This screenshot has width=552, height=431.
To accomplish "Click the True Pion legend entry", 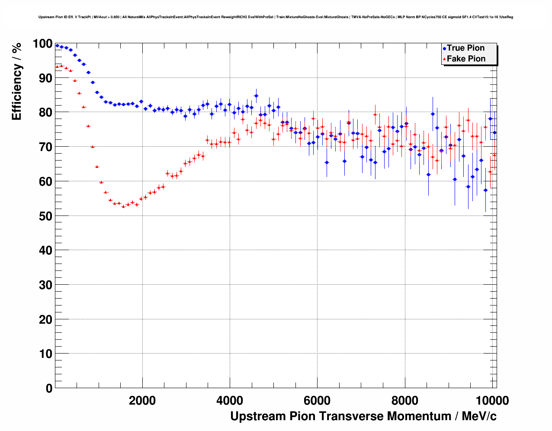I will point(465,48).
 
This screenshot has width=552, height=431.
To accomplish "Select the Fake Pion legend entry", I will point(466,59).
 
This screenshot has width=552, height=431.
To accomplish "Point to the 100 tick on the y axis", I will point(42,44).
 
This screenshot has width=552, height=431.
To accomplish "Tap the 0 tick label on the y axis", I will point(49,388).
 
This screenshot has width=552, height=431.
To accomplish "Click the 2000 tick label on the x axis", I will point(142,401).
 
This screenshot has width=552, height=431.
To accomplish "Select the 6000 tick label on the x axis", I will point(317,401).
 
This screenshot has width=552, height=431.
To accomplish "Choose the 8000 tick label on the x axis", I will point(405,401).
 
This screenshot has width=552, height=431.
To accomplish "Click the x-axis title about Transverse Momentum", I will point(363,416).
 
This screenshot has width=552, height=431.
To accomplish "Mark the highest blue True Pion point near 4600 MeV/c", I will point(256,96).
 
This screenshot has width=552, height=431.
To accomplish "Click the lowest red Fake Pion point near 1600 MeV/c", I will point(123,206).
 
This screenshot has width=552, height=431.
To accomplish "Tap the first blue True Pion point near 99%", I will point(57,45).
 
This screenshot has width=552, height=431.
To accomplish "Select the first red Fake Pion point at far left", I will point(57,67).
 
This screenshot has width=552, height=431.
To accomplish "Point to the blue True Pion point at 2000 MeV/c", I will point(141,101).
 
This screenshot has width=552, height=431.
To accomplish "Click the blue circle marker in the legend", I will point(444,48).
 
